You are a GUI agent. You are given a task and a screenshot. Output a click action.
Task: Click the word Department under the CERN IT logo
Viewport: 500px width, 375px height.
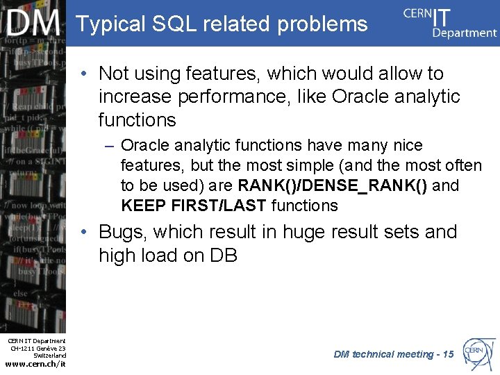(x=465, y=33)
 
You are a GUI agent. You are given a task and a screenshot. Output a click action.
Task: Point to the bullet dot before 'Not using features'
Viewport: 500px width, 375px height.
(x=83, y=74)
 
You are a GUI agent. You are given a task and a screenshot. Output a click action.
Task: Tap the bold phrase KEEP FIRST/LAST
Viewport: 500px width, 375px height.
(x=194, y=206)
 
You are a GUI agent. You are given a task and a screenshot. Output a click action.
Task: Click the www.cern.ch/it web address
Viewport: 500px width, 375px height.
(x=35, y=365)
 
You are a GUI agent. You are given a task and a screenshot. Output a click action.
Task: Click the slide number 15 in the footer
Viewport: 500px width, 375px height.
(x=448, y=354)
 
